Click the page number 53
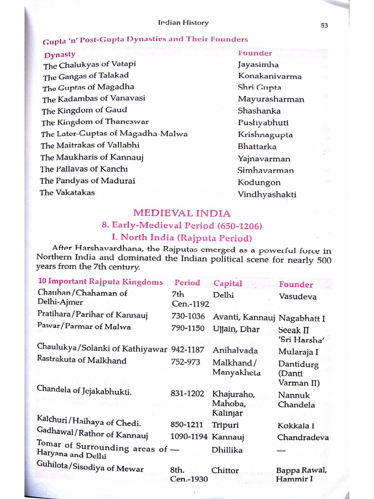point(324,26)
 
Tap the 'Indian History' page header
point(183,22)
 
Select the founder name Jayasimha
point(258,64)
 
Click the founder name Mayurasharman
point(271,99)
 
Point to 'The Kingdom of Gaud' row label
point(84,111)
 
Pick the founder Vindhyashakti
point(267,194)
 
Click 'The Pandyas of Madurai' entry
point(88,181)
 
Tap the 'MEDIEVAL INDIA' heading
point(182,213)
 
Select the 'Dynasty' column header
point(60,55)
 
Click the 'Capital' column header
point(227,283)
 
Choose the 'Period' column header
point(187,283)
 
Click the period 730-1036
point(187,316)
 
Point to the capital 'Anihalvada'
point(235,350)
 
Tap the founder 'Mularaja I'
point(299,351)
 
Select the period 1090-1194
point(189,437)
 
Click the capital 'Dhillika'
point(227,450)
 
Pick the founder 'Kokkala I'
point(296,425)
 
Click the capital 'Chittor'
point(225,470)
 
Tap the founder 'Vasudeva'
point(298,296)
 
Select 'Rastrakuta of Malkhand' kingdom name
point(82,361)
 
